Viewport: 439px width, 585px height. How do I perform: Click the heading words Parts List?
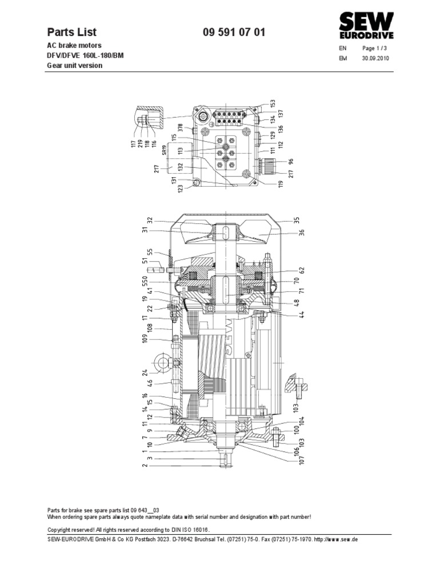coord(71,33)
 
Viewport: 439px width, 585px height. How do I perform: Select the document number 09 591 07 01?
coord(234,33)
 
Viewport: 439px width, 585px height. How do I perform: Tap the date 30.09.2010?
coord(375,58)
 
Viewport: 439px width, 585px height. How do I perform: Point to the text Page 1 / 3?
coord(374,49)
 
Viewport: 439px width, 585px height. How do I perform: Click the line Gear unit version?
coord(74,66)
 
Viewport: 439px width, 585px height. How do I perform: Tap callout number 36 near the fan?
coord(302,232)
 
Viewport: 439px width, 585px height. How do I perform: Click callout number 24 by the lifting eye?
coord(145,374)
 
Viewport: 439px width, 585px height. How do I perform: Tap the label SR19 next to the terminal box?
coord(163,151)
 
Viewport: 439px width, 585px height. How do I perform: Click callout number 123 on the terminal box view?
coord(181,189)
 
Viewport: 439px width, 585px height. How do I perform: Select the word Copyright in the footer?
coord(60,530)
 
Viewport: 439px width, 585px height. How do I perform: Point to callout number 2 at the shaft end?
coord(145,466)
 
